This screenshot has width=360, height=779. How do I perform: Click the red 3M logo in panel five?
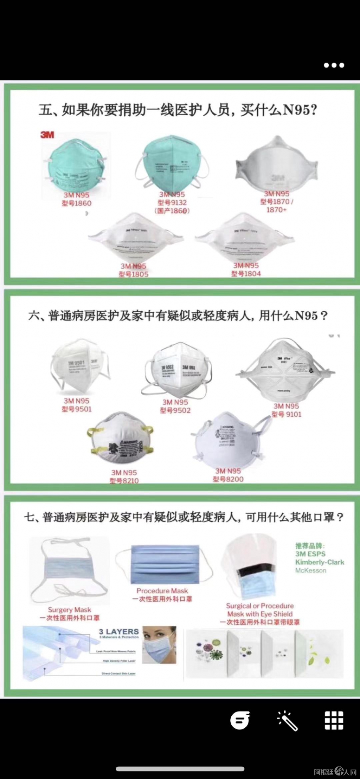point(47,135)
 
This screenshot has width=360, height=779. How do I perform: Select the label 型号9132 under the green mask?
point(172,202)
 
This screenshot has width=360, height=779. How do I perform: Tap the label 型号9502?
point(175,410)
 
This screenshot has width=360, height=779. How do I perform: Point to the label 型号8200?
point(228,479)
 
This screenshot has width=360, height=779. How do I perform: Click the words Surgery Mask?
point(70,610)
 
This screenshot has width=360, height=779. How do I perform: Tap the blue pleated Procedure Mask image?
point(165,565)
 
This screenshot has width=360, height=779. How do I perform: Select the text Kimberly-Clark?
point(319,562)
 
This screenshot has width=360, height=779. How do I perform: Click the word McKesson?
point(310,570)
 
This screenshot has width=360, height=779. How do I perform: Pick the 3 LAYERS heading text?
point(118,631)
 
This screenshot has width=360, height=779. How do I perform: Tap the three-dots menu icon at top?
point(334,65)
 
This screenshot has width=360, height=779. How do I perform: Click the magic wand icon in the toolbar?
point(287,720)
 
